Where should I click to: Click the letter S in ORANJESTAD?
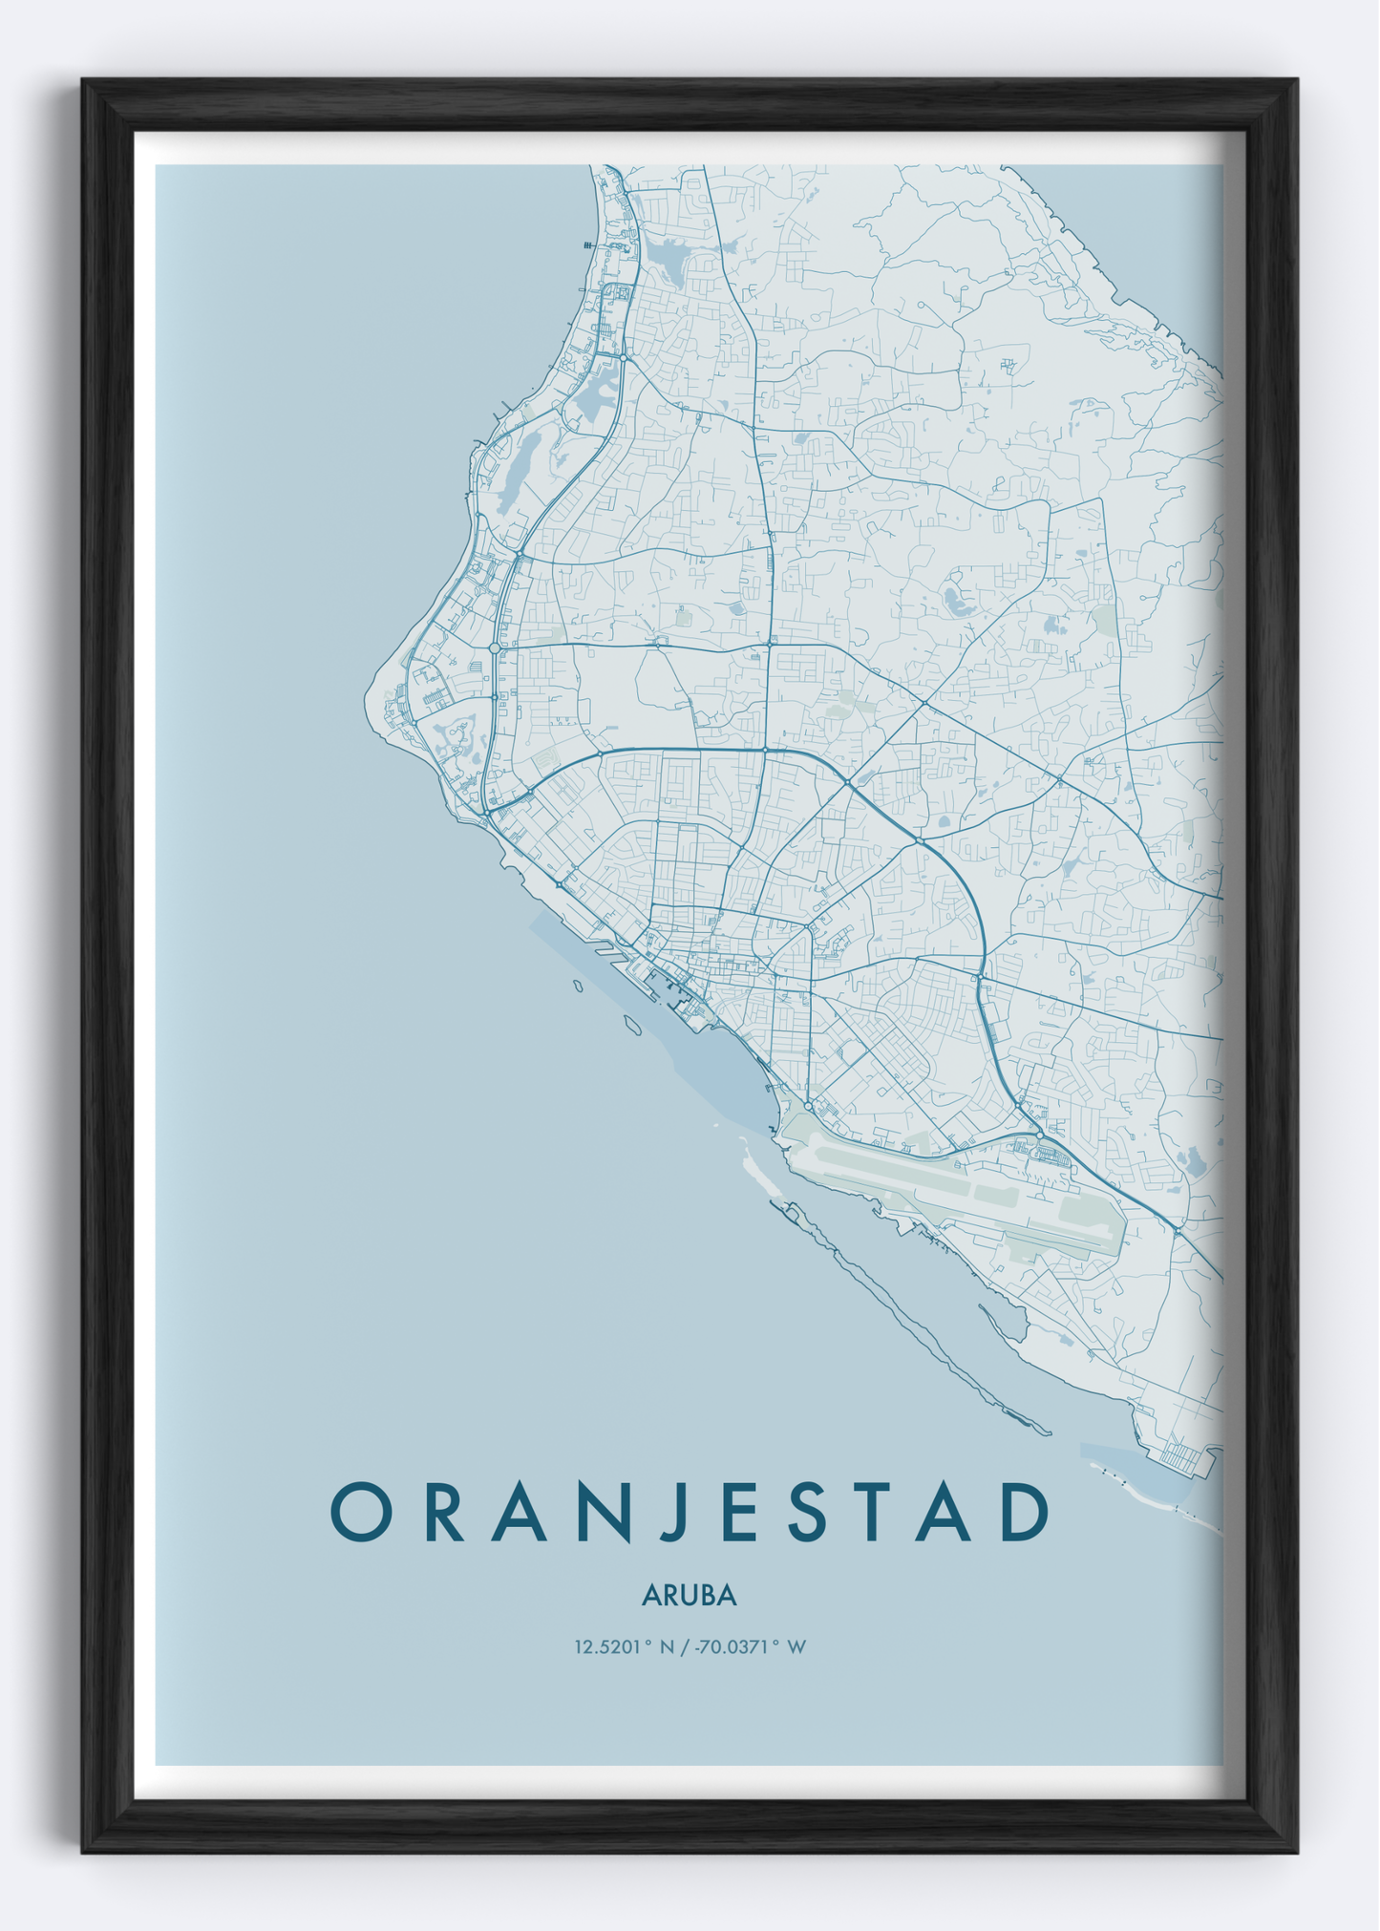807,1512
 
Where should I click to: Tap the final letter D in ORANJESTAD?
1025,1512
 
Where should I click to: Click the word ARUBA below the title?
689,1596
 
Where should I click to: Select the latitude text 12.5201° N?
624,1646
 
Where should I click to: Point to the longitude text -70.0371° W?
751,1646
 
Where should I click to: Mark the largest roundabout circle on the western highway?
495,647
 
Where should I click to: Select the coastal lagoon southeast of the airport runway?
1003,1321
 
